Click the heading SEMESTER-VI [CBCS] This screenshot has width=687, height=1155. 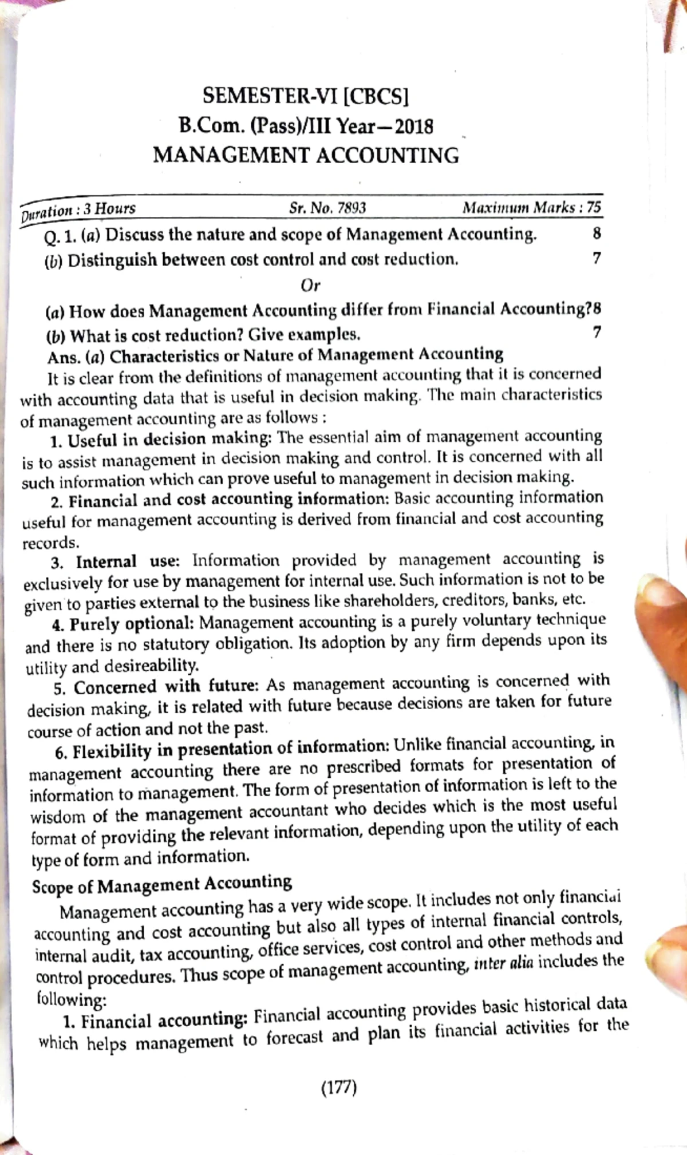(x=306, y=95)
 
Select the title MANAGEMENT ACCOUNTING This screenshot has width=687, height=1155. (x=306, y=155)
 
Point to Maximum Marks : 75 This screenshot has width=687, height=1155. (x=532, y=207)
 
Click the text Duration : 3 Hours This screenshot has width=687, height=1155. (x=78, y=210)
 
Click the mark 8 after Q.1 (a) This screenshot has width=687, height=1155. (x=597, y=233)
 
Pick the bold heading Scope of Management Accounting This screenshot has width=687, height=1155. (x=162, y=884)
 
